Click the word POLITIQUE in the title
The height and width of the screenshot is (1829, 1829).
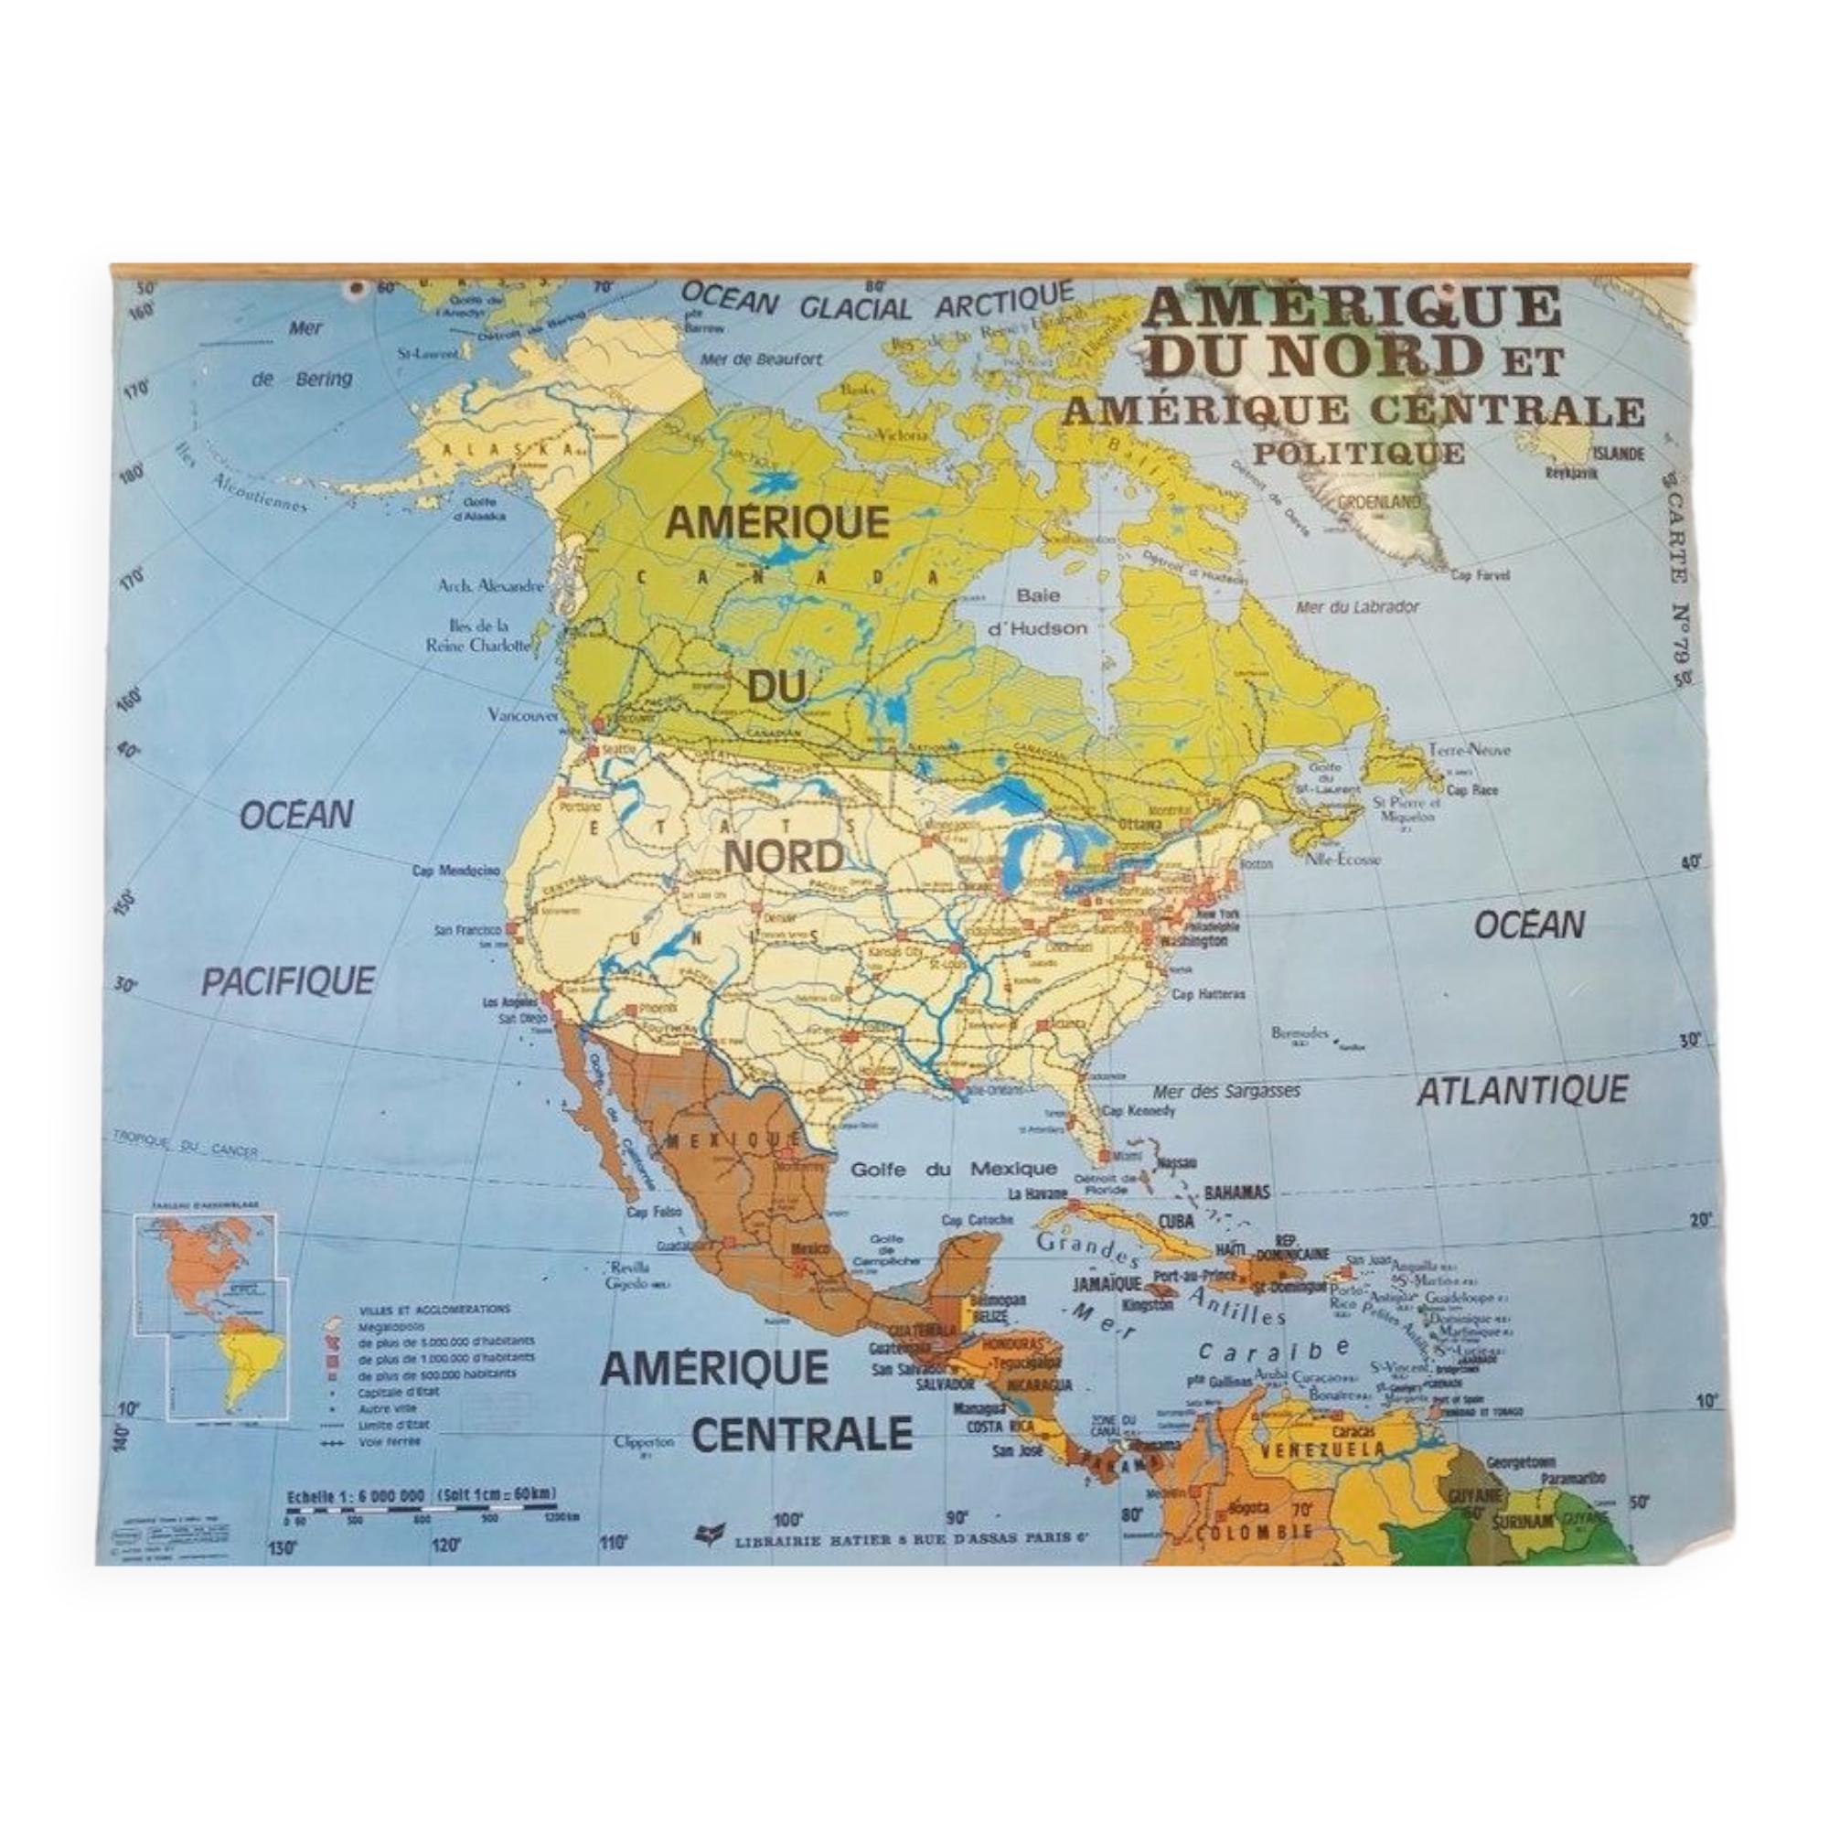pyautogui.click(x=1359, y=454)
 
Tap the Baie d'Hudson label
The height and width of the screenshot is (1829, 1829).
pyautogui.click(x=1038, y=612)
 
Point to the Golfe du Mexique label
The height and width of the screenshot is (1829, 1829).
pyautogui.click(x=952, y=1169)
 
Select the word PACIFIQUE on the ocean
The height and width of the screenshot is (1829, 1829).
pyautogui.click(x=288, y=980)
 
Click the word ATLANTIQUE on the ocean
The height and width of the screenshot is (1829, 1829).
pyautogui.click(x=1522, y=1091)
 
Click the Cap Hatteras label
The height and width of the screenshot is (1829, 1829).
pyautogui.click(x=1208, y=994)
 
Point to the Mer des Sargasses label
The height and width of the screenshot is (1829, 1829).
pyautogui.click(x=1226, y=1092)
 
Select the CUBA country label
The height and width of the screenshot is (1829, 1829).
pyautogui.click(x=1176, y=1221)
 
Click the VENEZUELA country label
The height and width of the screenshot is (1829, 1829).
pyautogui.click(x=1321, y=1449)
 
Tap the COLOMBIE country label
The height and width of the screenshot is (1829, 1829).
pyautogui.click(x=1255, y=1531)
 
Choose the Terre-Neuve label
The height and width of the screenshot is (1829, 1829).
pyautogui.click(x=1470, y=750)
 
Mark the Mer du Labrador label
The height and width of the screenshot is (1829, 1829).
pyautogui.click(x=1357, y=607)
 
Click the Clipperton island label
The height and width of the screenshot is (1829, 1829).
pyautogui.click(x=644, y=1442)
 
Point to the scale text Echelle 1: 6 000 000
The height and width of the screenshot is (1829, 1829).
pyautogui.click(x=355, y=1496)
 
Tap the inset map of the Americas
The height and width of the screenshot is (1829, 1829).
pyautogui.click(x=212, y=1316)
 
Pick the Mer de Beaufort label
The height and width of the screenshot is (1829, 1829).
pyautogui.click(x=761, y=358)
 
